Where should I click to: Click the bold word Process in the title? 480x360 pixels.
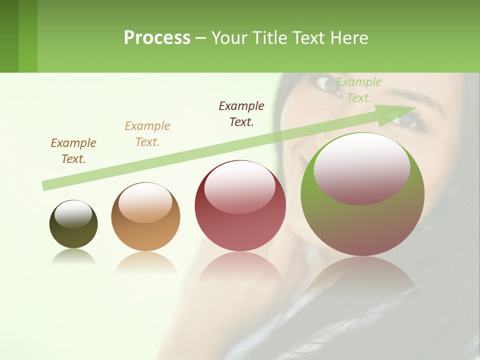point(157,38)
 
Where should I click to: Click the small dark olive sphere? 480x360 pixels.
point(73,224)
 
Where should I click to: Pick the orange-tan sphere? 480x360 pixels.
point(145,217)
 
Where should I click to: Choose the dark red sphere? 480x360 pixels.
point(240,206)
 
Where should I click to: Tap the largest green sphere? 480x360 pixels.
point(362,194)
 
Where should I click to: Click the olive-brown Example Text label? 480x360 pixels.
point(73,151)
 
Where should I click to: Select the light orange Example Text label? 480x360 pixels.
point(147,134)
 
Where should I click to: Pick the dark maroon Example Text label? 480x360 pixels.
point(241,114)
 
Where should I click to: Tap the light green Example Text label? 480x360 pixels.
point(358,90)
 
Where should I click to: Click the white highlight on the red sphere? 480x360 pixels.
point(239,187)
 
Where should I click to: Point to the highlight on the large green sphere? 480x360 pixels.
point(361,168)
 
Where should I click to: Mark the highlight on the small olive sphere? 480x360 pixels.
point(73,214)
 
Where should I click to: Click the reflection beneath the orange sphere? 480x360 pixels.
point(145,262)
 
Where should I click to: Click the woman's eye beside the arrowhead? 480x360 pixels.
point(406,120)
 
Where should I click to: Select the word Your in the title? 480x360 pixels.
point(228,38)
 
